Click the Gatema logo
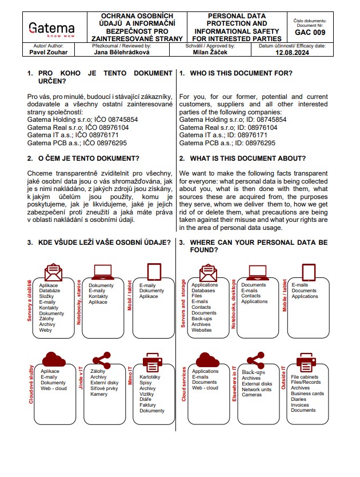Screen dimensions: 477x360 click(51, 29)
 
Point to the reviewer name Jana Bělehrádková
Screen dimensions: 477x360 click(122, 51)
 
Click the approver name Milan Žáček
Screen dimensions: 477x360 click(210, 51)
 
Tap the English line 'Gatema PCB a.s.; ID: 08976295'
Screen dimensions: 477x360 click(227, 143)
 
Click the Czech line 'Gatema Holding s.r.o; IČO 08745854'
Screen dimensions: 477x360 click(83, 120)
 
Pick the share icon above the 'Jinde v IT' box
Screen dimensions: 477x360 click(101, 360)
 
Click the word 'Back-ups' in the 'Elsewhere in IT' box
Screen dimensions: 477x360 click(254, 372)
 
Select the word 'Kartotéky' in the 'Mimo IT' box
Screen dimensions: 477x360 click(150, 377)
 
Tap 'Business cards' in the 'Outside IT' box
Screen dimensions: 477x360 click(307, 393)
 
